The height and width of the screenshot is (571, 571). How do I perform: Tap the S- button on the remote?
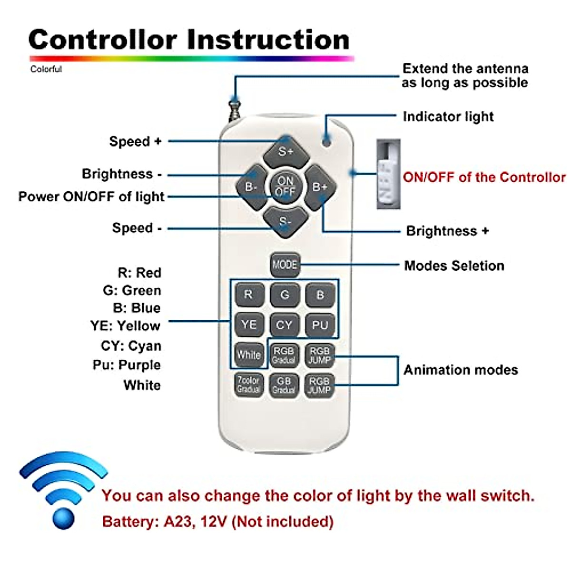pos(285,222)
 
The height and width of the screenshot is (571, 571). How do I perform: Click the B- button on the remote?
pos(251,187)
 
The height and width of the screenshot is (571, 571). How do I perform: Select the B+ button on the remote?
pos(320,187)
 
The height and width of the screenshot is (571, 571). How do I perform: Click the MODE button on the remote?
pos(285,265)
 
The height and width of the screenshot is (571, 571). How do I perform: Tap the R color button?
pos(248,295)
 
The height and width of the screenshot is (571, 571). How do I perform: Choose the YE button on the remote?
pos(248,325)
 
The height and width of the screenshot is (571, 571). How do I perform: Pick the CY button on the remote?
pos(284,325)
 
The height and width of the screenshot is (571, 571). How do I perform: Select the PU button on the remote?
pos(320,325)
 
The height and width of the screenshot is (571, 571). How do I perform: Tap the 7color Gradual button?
pos(248,384)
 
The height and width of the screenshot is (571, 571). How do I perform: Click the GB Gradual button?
pos(284,384)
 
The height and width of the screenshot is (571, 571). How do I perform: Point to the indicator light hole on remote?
pos(326,141)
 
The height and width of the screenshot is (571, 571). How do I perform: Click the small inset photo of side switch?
pos(388,174)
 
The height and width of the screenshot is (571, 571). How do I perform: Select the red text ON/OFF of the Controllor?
pos(484,177)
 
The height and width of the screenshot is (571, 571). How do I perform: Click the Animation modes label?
pos(460,370)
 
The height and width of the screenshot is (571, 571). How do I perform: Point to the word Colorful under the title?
pos(46,69)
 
